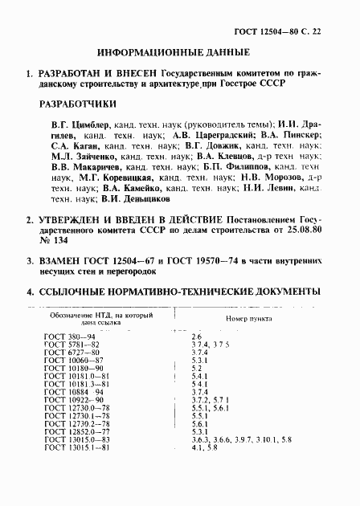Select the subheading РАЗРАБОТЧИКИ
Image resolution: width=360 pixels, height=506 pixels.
click(77, 104)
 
